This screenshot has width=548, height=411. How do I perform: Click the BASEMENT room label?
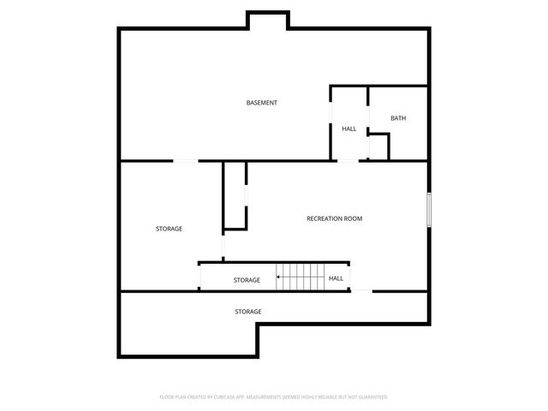[261, 103]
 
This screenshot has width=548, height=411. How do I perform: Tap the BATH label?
[398, 118]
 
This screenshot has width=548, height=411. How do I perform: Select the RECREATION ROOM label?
[334, 218]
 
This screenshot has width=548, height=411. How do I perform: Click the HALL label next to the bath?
[349, 128]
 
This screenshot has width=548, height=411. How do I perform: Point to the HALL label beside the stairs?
[337, 278]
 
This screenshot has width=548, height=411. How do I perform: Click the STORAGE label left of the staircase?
[247, 280]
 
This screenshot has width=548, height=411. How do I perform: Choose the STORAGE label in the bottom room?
[248, 312]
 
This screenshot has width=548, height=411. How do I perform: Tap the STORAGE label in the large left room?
[169, 229]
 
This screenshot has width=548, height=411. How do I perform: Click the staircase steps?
[300, 277]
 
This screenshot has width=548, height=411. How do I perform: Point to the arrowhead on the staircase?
[278, 277]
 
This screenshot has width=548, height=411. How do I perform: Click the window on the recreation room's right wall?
[428, 210]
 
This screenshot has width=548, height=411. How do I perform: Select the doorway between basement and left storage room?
[186, 160]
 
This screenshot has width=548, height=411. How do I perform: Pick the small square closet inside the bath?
[378, 146]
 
